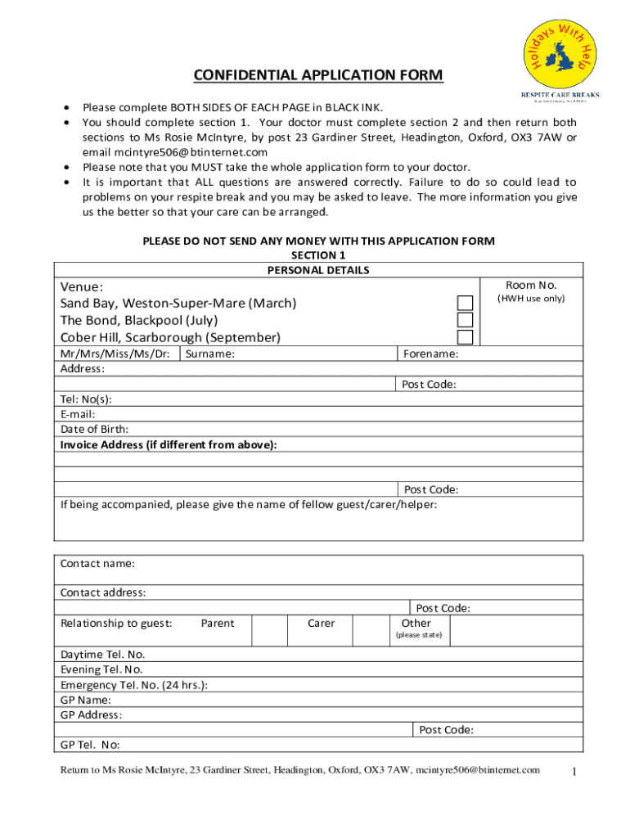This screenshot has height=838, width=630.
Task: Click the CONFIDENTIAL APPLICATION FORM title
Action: point(318,76)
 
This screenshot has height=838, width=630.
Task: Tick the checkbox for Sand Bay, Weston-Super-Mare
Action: point(465,303)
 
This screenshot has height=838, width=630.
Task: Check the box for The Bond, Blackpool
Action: point(465,320)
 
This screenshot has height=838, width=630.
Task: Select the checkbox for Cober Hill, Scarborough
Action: point(465,337)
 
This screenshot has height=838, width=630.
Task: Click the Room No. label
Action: point(531,285)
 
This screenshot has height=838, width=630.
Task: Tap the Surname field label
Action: point(210,354)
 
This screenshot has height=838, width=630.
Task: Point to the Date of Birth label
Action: point(94,429)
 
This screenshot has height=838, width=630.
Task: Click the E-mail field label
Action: point(78,414)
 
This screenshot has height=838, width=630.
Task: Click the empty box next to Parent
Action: point(269,630)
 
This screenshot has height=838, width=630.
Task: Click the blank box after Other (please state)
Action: point(515,630)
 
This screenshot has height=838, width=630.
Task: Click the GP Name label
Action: point(86,700)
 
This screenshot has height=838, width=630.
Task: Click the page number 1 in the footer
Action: point(575,772)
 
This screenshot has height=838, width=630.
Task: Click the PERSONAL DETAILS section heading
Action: point(318,270)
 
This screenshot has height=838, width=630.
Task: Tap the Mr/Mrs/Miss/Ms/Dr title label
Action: point(115,354)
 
